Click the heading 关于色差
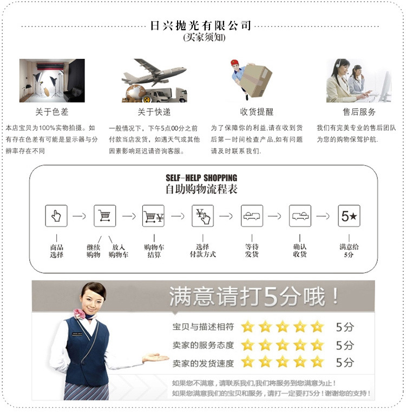click(51, 112)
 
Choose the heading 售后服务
click(359, 112)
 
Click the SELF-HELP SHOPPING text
click(201, 178)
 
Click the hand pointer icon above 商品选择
click(56, 216)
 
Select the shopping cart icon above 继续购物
click(105, 216)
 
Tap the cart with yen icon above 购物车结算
click(153, 216)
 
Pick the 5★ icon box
click(349, 216)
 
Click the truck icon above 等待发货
click(252, 216)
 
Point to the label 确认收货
click(300, 250)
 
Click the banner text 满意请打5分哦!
click(254, 297)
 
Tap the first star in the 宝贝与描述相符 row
click(247, 327)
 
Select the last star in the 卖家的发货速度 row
click(317, 361)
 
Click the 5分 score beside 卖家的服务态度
click(345, 344)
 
